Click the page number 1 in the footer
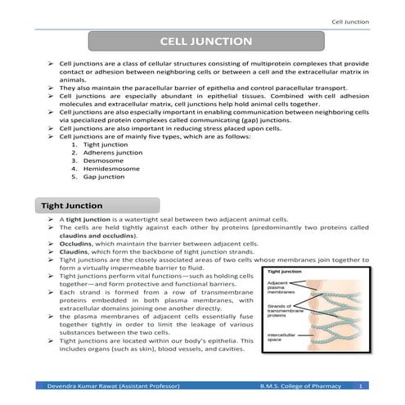(x=361, y=385)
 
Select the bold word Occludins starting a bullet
(x=74, y=244)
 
